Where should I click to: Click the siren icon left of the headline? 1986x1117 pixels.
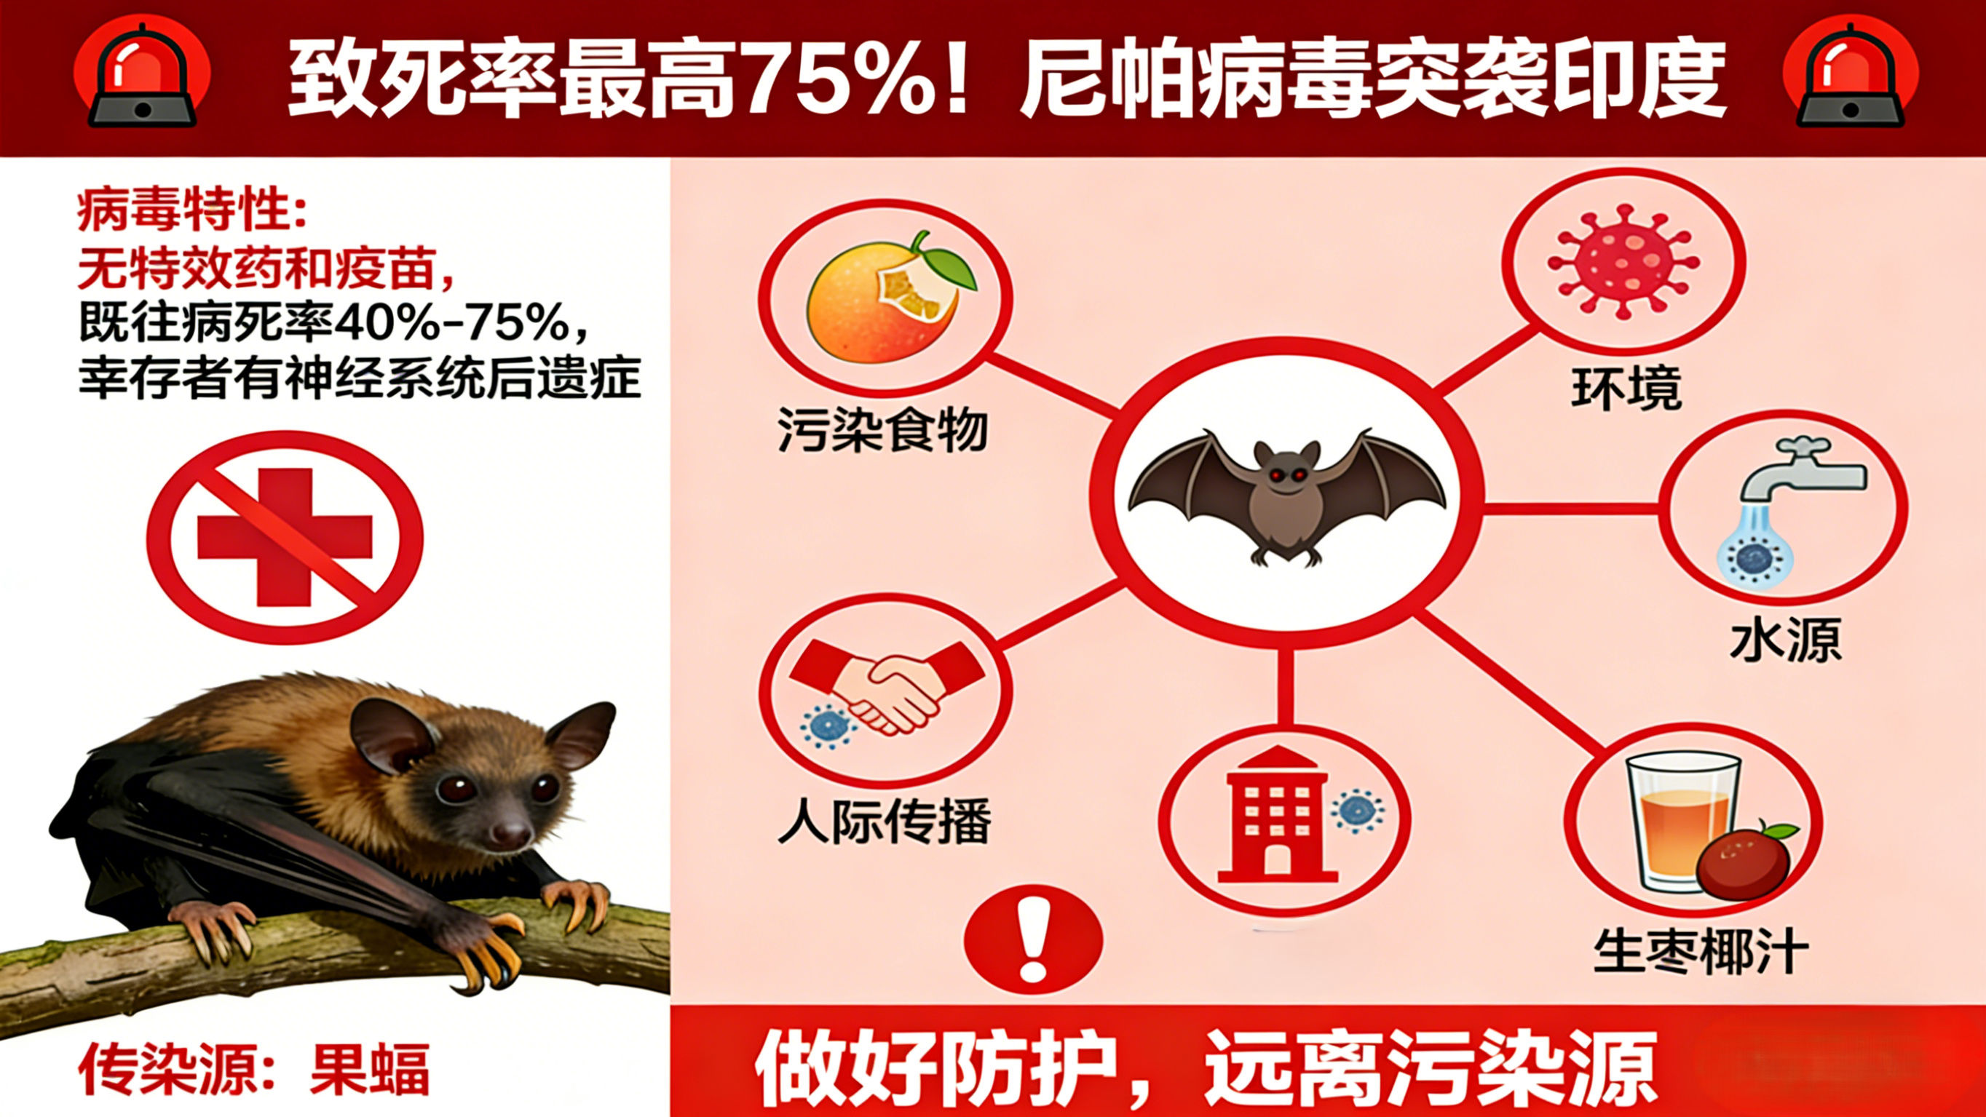[x=143, y=77]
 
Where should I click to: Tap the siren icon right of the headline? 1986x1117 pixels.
[x=1851, y=77]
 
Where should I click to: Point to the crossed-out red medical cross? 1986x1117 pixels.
[x=285, y=537]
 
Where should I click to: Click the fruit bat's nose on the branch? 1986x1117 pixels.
[x=511, y=832]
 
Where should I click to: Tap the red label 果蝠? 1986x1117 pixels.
[x=369, y=1069]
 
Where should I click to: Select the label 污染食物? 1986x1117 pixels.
[x=883, y=429]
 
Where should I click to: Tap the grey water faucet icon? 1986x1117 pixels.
[x=1800, y=470]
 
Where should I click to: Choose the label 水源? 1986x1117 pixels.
[x=1786, y=640]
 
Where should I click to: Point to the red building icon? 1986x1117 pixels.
[x=1276, y=817]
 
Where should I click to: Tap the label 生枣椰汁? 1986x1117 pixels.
[x=1701, y=952]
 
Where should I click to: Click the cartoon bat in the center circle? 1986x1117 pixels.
[x=1286, y=497]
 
